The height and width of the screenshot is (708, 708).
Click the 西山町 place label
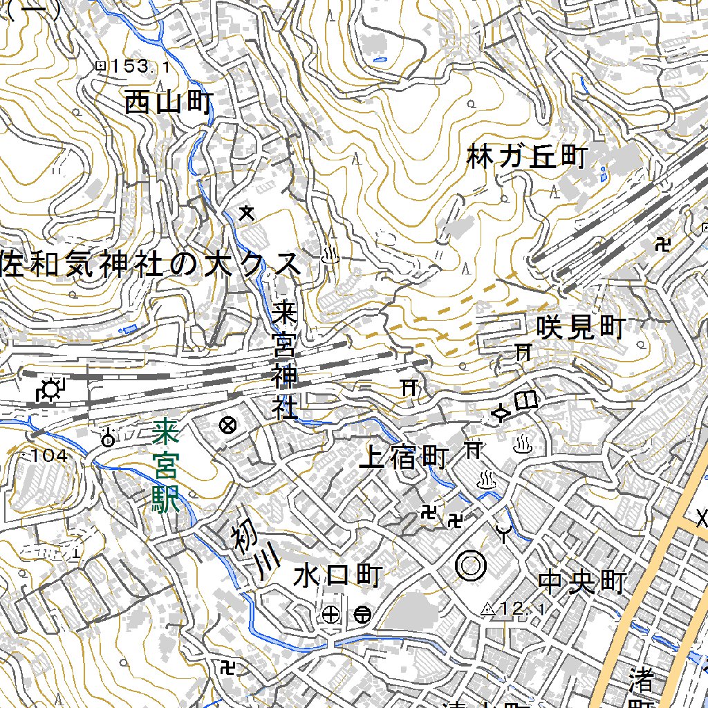point(168,104)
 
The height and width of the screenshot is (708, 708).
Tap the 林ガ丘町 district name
point(526,157)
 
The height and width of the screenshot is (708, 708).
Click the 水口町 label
point(338,575)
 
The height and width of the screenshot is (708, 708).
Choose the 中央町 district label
point(582,582)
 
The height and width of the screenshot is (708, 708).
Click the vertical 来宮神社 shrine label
point(283,360)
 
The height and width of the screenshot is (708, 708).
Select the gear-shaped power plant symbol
point(50,391)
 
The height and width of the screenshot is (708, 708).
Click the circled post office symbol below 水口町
point(362,614)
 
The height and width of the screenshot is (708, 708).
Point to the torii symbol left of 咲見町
point(523,352)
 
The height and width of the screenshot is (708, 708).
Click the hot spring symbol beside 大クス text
point(330,256)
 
